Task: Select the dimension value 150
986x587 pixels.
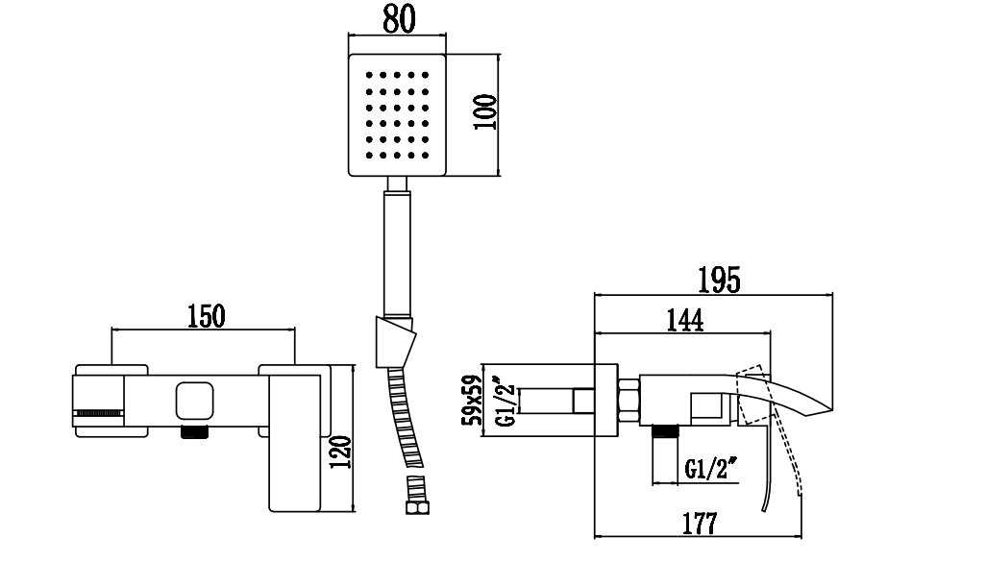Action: [205, 315]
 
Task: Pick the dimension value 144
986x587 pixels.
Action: [682, 320]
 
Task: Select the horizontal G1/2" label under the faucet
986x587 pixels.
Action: [712, 470]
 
